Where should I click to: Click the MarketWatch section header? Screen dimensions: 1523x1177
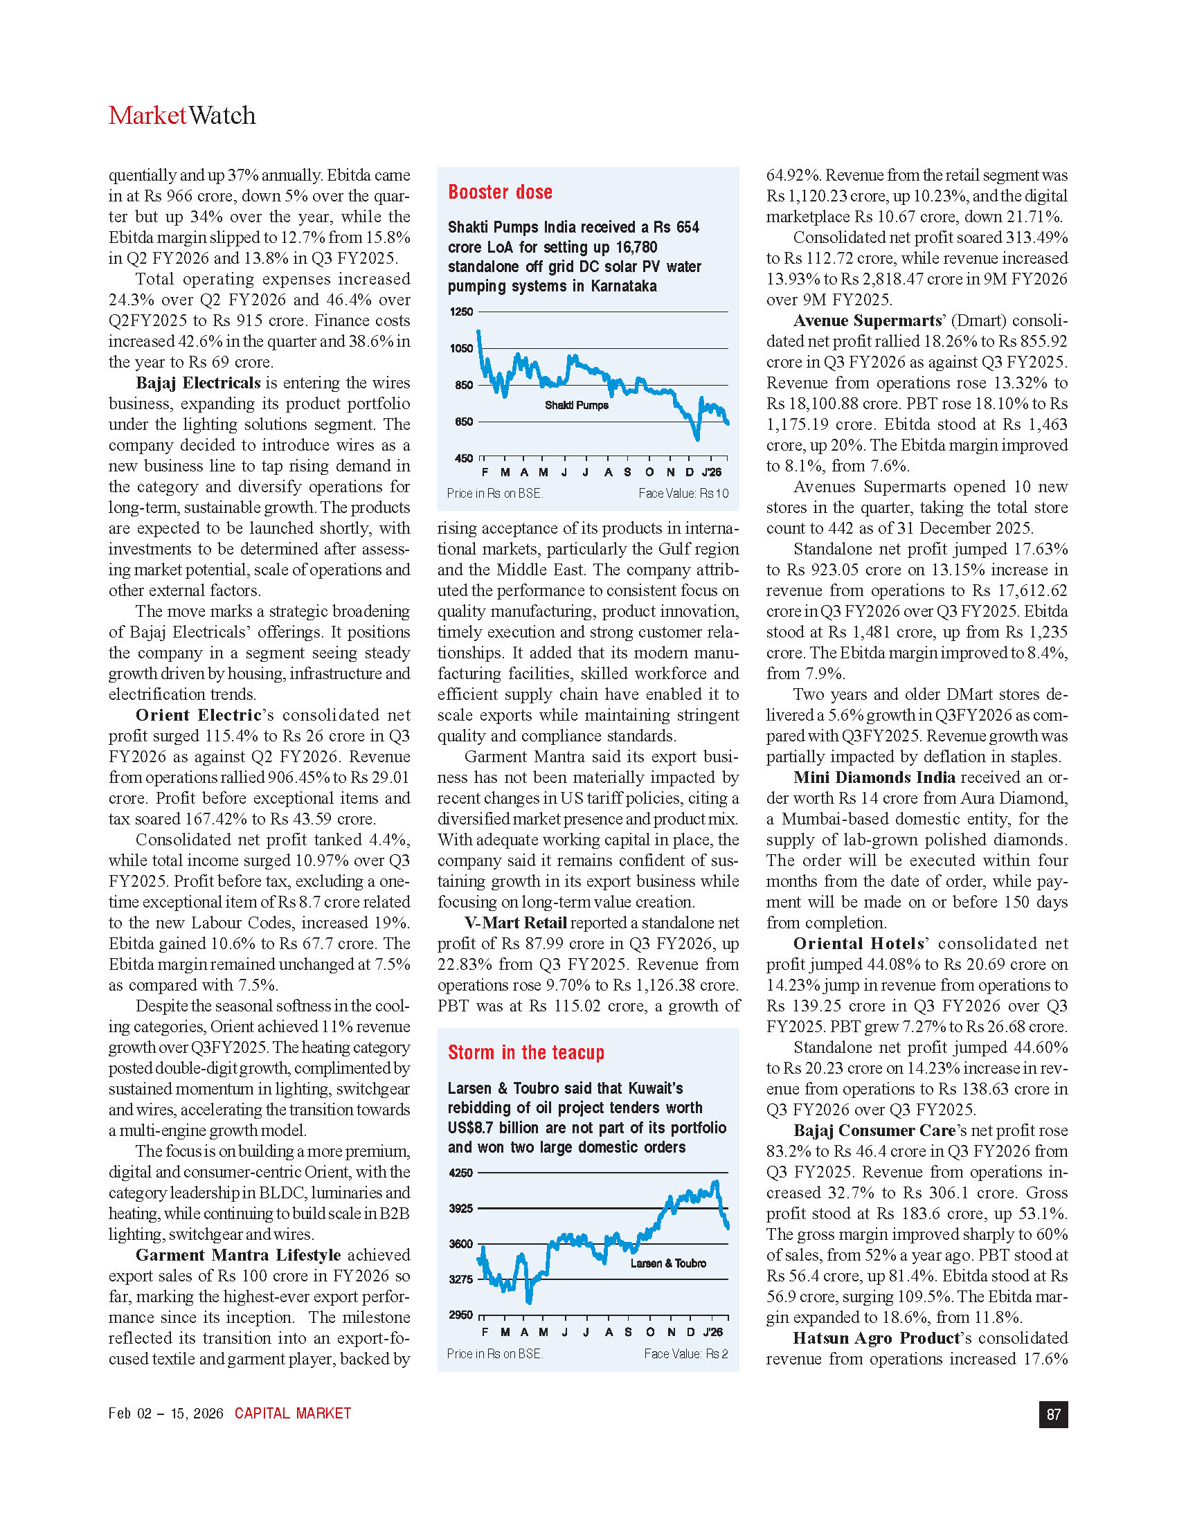(182, 116)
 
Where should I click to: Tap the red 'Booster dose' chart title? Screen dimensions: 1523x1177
(500, 192)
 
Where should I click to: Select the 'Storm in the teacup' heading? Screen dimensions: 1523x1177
(525, 1052)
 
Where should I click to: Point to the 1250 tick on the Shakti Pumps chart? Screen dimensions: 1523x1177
(461, 312)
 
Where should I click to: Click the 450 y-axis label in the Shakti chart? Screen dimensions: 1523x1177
(464, 458)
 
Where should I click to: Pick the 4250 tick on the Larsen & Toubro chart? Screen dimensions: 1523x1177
(461, 1173)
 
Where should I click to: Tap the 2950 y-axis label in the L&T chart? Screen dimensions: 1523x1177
(461, 1315)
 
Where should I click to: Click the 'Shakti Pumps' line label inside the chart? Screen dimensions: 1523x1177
(576, 405)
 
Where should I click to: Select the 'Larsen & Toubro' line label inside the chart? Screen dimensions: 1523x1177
(668, 1263)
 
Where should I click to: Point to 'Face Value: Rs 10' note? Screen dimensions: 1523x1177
(683, 494)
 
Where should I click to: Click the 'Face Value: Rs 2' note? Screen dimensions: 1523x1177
(686, 1353)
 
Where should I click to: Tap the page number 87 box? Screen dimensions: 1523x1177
(1053, 1414)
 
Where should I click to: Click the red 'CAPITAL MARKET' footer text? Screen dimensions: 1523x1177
(293, 1414)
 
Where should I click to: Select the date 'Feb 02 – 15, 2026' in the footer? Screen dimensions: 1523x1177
(166, 1414)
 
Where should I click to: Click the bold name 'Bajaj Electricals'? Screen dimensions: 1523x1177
(198, 383)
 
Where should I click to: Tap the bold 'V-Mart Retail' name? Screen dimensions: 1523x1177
(515, 923)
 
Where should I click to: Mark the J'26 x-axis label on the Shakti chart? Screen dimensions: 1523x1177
(712, 472)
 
